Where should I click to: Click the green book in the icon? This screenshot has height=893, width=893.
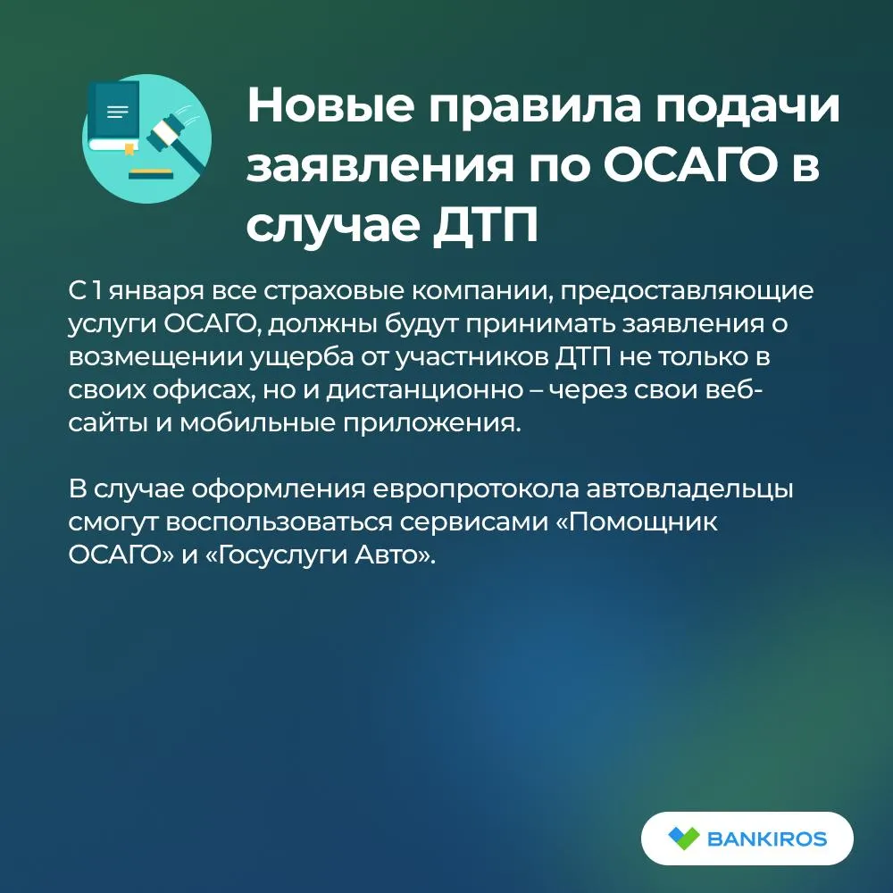click(x=114, y=116)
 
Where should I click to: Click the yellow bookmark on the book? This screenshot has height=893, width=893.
click(x=129, y=150)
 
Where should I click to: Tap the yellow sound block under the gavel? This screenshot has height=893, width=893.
click(x=150, y=171)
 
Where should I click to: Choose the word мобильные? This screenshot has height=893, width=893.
click(x=257, y=423)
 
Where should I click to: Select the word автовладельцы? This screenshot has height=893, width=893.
click(x=689, y=489)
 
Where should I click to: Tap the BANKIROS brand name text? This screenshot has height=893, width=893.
click(x=766, y=839)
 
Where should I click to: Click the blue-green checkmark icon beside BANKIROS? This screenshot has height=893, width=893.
click(x=683, y=838)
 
